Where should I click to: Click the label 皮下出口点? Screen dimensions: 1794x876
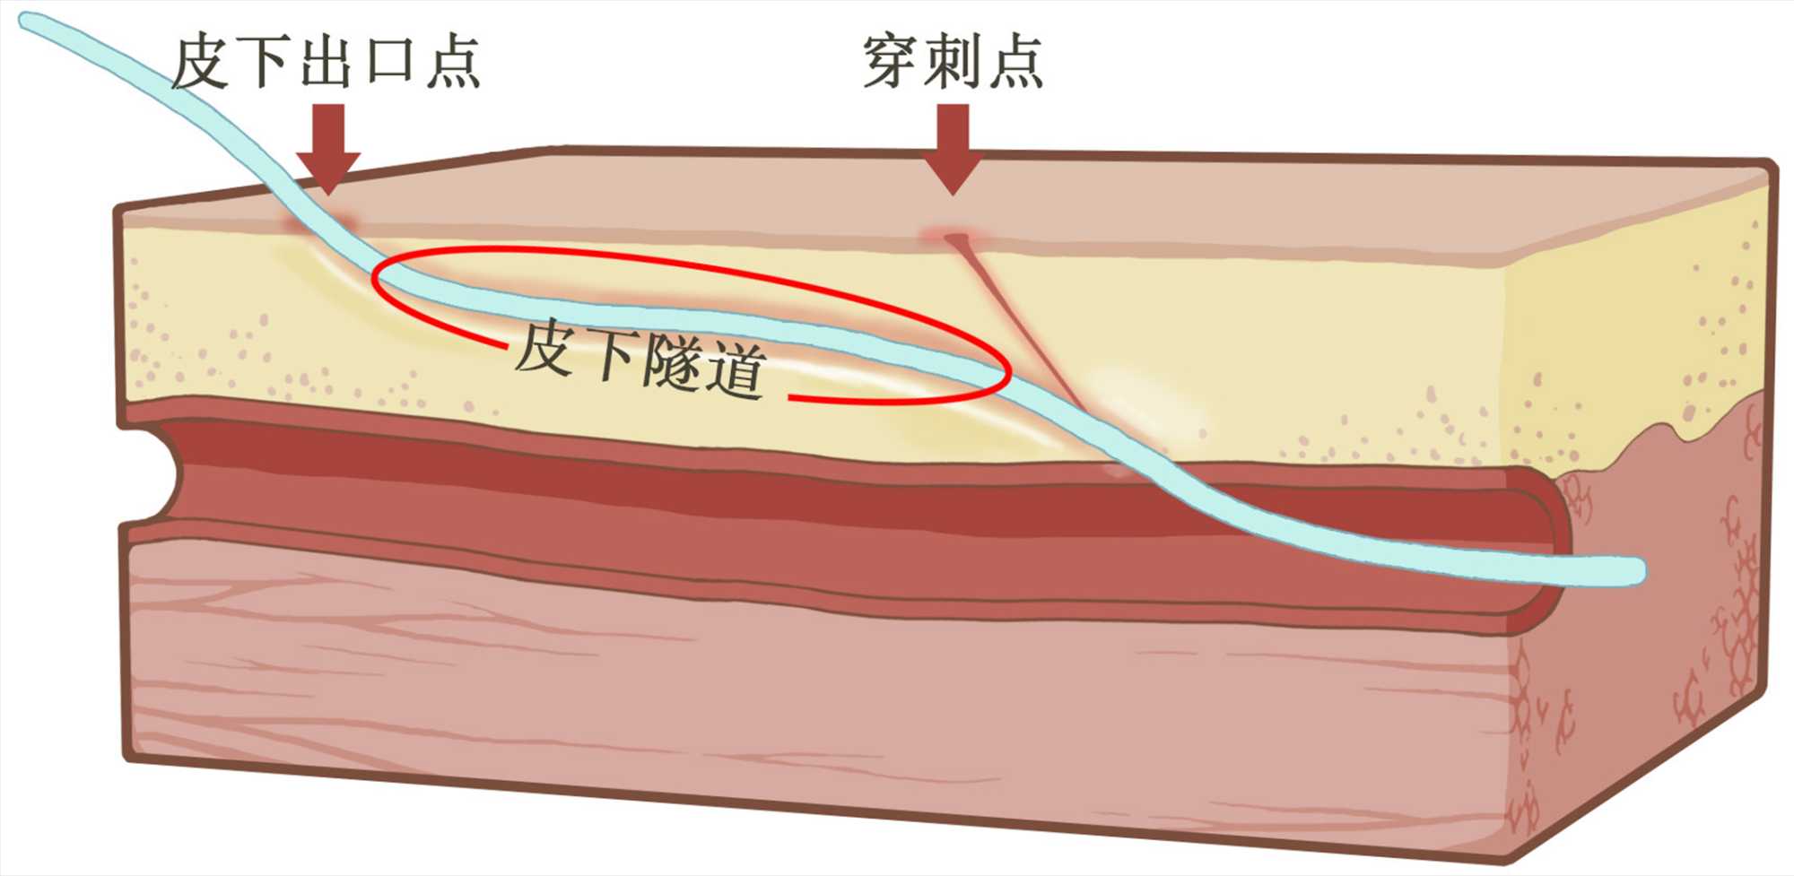point(325,63)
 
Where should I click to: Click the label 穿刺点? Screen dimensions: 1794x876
point(953,62)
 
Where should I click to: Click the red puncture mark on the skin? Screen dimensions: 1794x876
point(953,238)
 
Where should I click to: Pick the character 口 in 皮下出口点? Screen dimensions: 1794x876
point(388,63)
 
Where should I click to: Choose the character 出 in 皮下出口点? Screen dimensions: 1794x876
point(326,63)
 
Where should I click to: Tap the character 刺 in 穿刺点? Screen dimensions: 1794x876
point(953,62)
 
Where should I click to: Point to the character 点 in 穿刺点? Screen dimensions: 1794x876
point(1015,62)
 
